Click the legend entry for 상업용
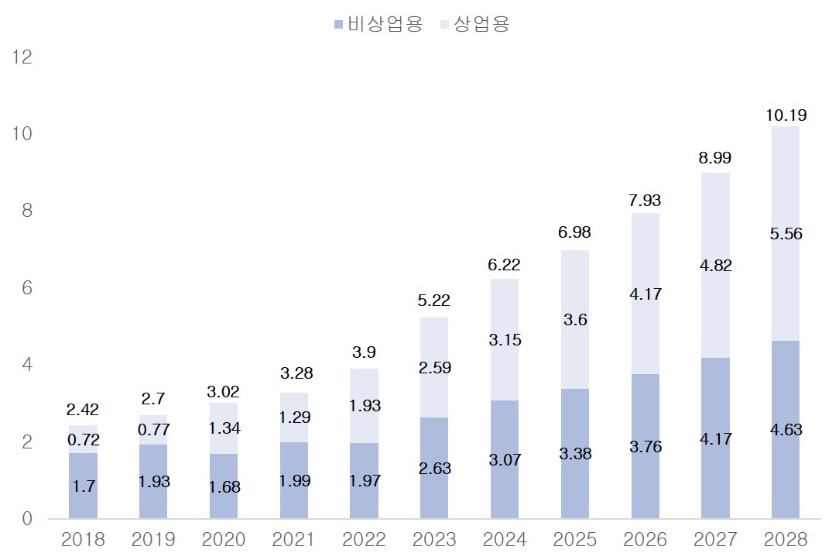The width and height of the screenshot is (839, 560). [474, 24]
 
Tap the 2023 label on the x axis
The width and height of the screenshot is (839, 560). [434, 539]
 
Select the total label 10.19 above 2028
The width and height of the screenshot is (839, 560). [786, 115]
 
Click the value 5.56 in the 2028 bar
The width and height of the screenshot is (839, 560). [786, 234]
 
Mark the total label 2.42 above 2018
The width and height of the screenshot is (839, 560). [83, 410]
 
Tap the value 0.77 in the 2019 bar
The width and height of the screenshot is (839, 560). [153, 430]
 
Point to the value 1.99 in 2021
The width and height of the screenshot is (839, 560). [294, 481]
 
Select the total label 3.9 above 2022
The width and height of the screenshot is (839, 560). [364, 352]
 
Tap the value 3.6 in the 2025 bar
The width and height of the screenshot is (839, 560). [575, 320]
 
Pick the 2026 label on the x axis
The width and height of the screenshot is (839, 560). [645, 539]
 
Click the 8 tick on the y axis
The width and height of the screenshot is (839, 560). [26, 211]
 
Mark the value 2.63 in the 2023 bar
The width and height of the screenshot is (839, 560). [434, 469]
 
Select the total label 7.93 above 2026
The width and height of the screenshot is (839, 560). [645, 201]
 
